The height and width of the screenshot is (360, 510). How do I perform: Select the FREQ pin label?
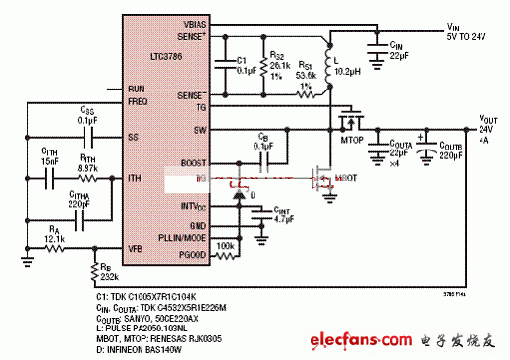(137, 100)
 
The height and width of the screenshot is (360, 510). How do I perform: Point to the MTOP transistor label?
(347, 140)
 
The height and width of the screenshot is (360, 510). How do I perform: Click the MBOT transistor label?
(346, 179)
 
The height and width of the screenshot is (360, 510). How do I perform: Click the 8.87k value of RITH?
(85, 169)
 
